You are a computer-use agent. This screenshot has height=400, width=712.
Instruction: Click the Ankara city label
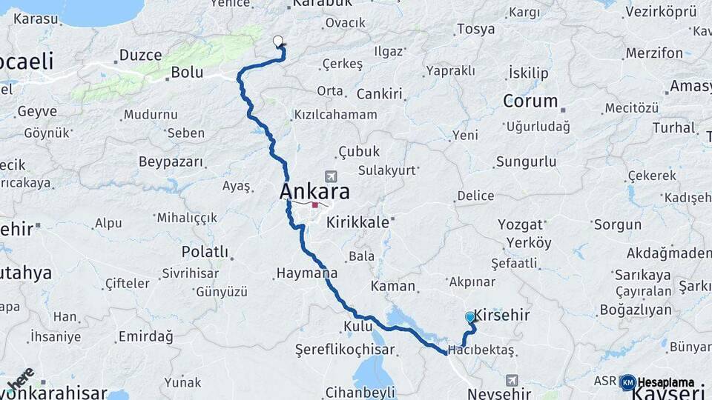[x=315, y=192]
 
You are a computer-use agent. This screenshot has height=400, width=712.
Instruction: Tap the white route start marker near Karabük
[x=278, y=41]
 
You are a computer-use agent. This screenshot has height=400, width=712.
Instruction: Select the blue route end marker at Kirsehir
[x=470, y=317]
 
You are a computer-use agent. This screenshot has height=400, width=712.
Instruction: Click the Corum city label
[x=530, y=101]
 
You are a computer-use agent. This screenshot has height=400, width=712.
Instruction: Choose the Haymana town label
[x=307, y=273]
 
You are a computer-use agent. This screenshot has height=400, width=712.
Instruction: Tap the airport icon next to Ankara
[x=330, y=176]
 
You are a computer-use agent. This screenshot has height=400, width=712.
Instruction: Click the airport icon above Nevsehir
[x=511, y=380]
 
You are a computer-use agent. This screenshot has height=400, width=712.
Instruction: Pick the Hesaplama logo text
[x=666, y=382]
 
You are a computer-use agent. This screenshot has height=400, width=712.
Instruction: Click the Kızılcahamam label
[x=335, y=115]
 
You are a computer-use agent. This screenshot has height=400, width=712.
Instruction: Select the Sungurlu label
[x=526, y=161]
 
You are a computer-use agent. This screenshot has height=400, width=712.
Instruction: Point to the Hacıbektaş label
[x=481, y=350]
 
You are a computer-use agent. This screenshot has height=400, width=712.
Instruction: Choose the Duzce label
[x=139, y=55]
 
